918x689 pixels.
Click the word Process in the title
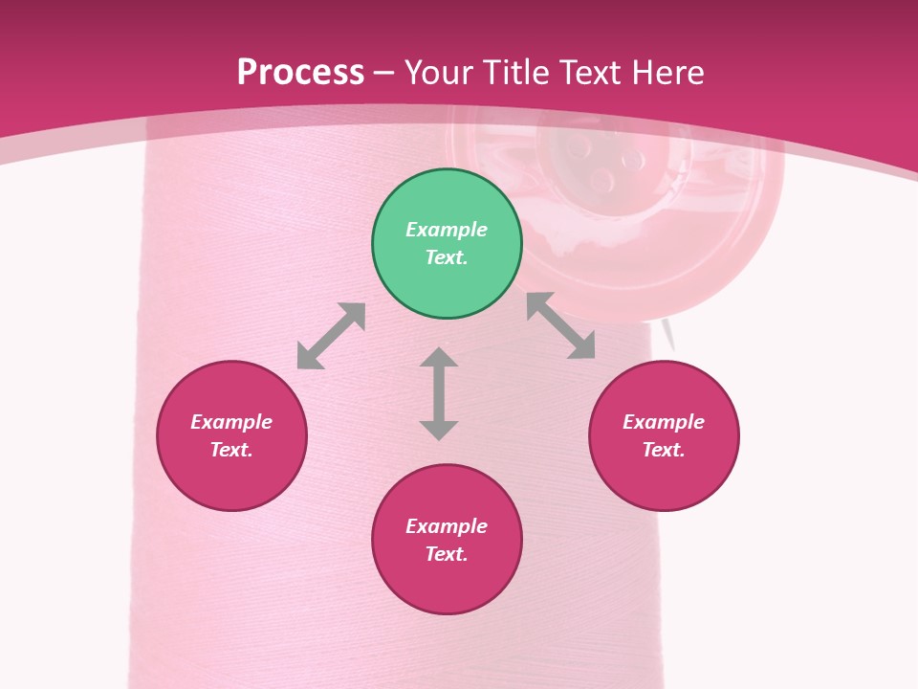[300, 72]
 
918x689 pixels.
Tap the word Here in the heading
[667, 72]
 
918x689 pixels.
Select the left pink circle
[231, 478]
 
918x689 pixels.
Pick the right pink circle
[664, 478]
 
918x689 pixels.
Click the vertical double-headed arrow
[439, 394]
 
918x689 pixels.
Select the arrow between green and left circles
[331, 336]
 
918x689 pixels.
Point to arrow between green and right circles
[560, 326]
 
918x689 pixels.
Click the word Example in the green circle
[447, 230]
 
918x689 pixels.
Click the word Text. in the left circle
[231, 450]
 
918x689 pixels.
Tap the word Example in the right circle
[664, 422]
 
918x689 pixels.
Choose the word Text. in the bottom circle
[447, 554]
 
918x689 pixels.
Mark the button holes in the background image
[591, 163]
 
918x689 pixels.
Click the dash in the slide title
[383, 73]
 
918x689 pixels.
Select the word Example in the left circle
[231, 422]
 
